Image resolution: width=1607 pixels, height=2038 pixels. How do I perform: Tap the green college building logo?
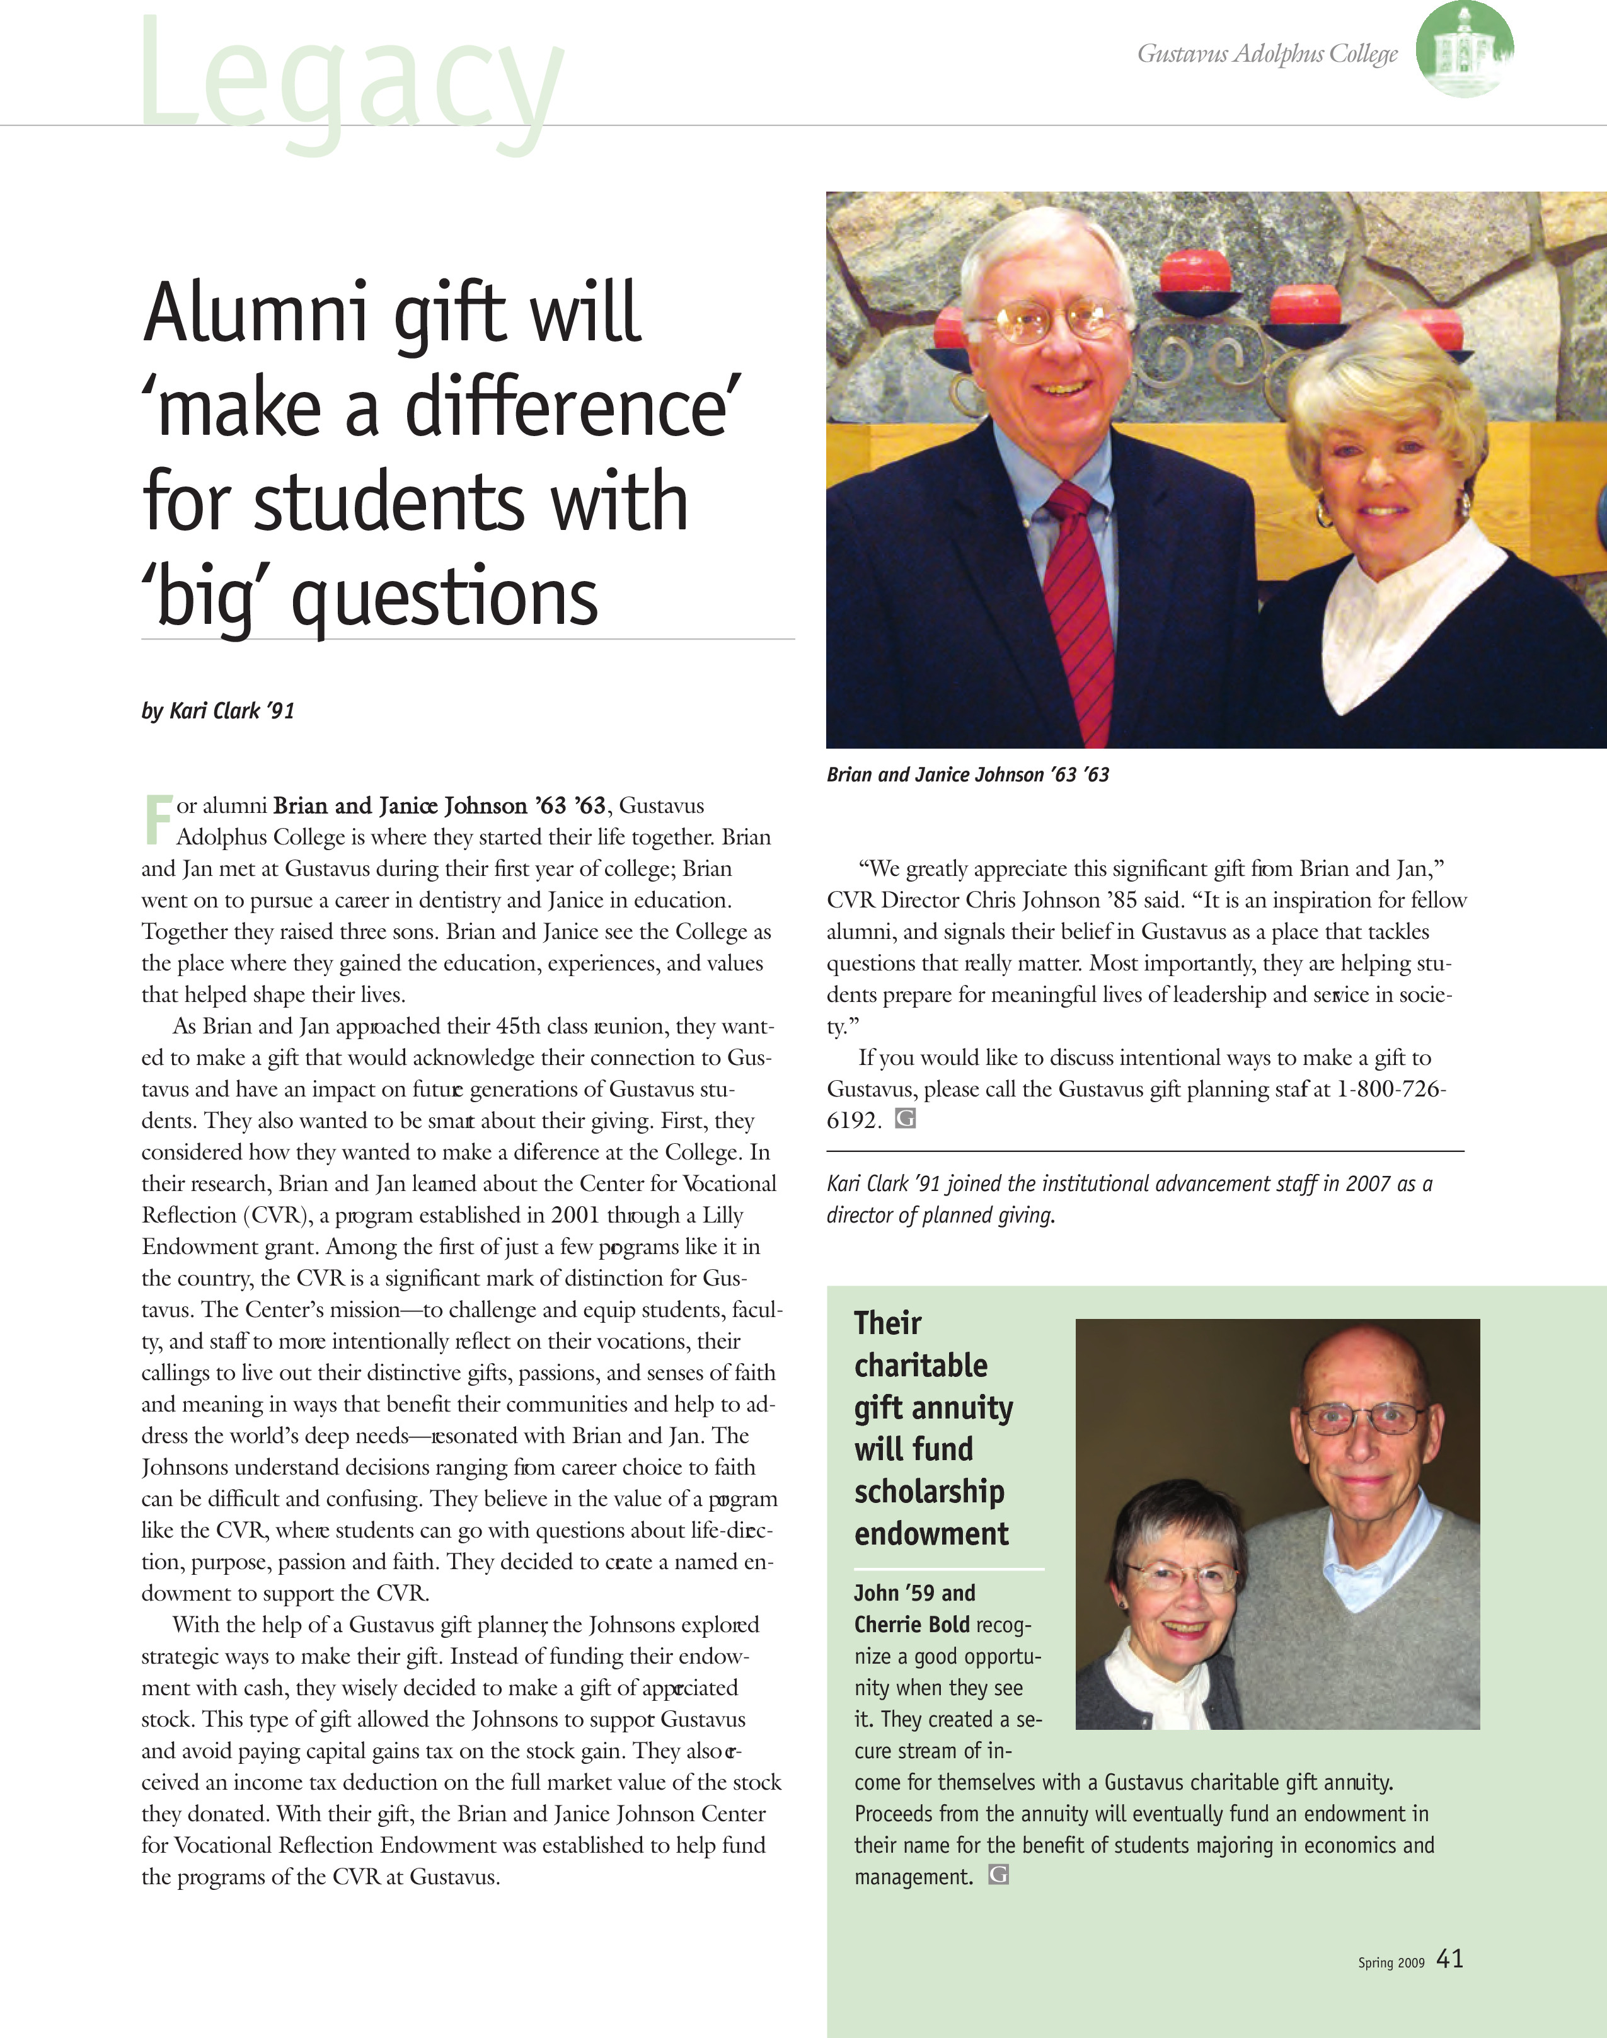tap(1464, 49)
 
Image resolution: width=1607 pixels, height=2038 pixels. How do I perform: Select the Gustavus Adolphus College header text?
tap(1267, 54)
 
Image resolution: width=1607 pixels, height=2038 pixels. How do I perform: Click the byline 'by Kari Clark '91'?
tap(218, 711)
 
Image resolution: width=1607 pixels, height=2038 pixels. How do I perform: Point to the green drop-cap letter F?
tap(158, 819)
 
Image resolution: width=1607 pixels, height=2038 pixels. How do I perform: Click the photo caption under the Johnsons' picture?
tap(967, 774)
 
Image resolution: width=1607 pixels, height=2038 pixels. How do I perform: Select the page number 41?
tap(1450, 1959)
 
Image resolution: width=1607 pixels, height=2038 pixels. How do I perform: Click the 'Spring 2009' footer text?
tap(1391, 1963)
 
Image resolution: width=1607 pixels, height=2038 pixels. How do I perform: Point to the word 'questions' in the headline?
tap(444, 599)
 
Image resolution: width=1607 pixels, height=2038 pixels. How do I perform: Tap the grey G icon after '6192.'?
tap(905, 1119)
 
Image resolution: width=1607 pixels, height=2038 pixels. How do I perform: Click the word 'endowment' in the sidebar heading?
tap(931, 1534)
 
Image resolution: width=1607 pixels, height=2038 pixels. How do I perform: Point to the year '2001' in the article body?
tap(575, 1216)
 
